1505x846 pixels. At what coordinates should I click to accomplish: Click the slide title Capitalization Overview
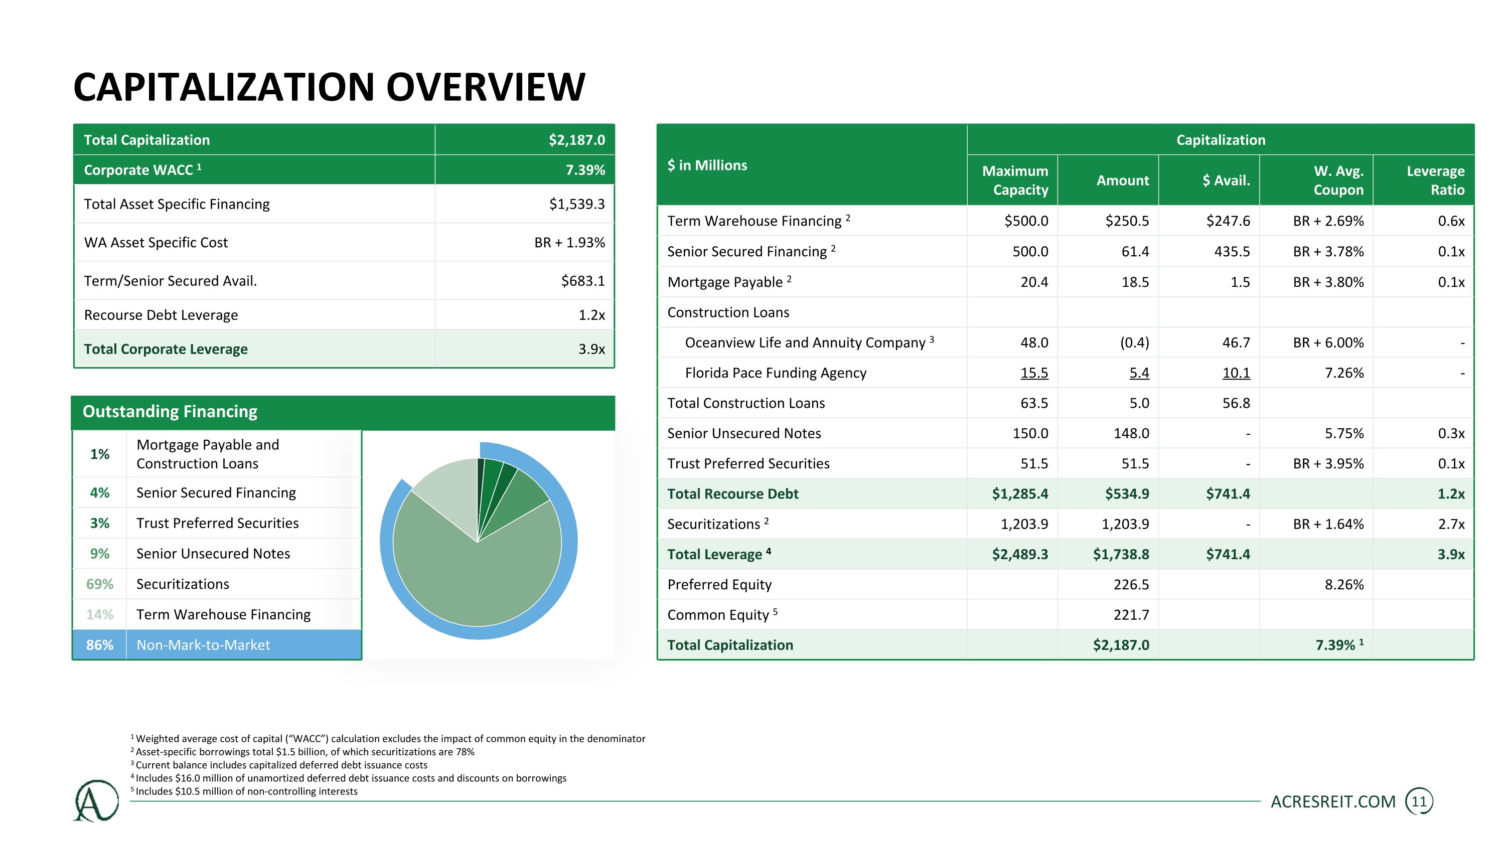tap(329, 87)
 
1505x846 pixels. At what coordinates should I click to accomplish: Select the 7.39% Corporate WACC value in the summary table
tap(585, 170)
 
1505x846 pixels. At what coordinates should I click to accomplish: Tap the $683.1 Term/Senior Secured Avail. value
tap(582, 281)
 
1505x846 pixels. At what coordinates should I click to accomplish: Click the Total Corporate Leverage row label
tap(166, 349)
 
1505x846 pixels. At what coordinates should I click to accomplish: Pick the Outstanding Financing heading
tap(170, 412)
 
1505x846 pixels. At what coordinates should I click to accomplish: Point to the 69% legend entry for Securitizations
tap(100, 584)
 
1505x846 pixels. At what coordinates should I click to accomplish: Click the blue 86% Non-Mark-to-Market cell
tap(100, 644)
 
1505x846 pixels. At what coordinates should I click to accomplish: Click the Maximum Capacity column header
tap(1015, 181)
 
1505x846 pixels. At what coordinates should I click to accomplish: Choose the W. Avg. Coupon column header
tap(1338, 181)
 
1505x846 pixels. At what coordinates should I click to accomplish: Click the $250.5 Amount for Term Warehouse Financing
tap(1127, 221)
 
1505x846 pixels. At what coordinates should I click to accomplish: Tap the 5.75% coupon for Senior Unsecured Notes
tap(1344, 433)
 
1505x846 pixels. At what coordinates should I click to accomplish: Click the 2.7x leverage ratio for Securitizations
tap(1451, 524)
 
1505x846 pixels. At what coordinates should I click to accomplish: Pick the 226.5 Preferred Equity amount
tap(1131, 584)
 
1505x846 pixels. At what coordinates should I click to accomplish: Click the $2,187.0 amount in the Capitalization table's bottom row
tap(1121, 645)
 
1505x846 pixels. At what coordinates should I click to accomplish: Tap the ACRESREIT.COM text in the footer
tap(1333, 802)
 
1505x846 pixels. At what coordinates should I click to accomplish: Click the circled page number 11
tap(1419, 802)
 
